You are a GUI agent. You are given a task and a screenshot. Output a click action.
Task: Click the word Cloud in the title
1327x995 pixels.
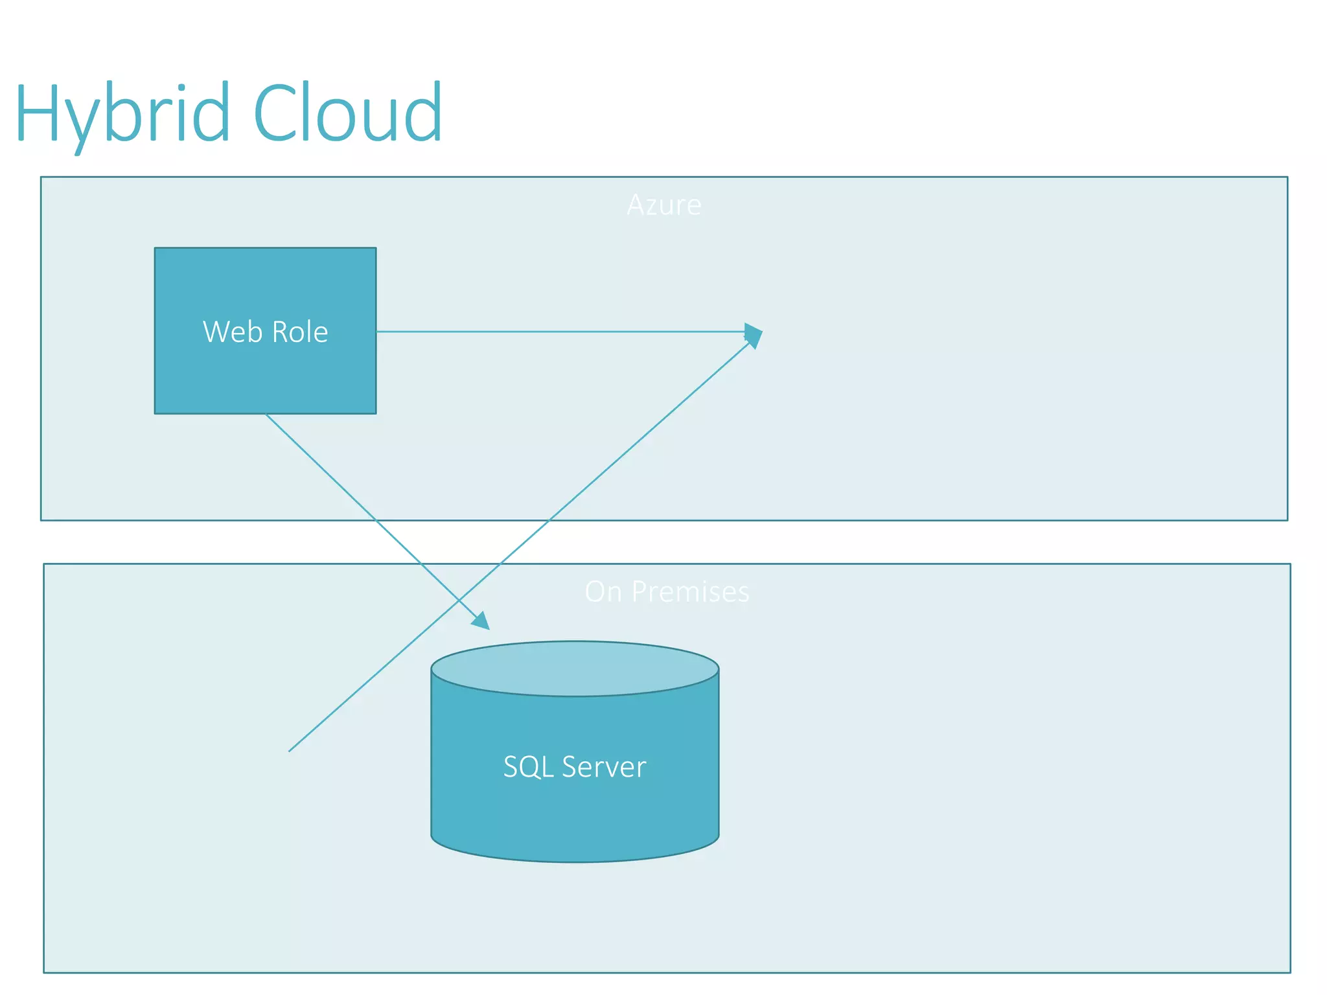348,113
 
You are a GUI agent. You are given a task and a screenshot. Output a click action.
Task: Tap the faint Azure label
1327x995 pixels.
663,205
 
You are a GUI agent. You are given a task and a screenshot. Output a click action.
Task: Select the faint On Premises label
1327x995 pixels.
667,591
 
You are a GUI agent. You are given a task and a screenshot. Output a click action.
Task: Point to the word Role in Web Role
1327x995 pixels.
299,332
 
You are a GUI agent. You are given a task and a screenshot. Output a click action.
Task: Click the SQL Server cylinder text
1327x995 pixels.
575,767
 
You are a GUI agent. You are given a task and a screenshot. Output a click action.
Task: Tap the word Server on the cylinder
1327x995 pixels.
604,767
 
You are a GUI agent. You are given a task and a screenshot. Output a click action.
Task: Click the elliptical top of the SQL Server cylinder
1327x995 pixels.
575,669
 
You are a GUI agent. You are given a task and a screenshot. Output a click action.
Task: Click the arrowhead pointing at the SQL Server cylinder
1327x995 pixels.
481,621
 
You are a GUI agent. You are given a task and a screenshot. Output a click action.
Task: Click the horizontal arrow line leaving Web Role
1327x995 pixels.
557,332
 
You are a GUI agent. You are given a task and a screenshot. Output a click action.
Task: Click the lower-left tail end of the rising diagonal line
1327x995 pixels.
290,751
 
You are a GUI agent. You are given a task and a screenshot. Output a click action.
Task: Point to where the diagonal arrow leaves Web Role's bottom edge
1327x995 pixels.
266,415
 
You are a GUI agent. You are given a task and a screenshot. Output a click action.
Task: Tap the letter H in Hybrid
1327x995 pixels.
40,113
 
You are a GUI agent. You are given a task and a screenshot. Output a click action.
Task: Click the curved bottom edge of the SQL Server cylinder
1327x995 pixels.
575,861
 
